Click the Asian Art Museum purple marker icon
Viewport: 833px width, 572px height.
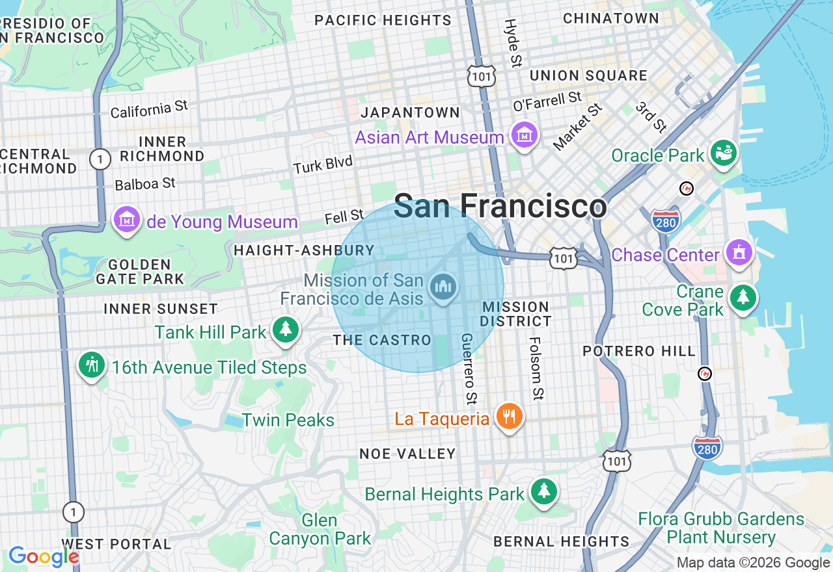click(525, 135)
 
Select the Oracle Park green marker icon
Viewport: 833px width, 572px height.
click(724, 153)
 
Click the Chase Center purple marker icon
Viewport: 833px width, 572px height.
click(739, 252)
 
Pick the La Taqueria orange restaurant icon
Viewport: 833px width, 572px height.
click(509, 416)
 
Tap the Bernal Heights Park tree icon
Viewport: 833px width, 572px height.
click(543, 491)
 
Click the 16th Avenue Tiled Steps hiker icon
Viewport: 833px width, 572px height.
click(92, 365)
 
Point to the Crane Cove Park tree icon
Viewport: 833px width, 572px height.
click(743, 298)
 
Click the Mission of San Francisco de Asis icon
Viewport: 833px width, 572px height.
click(443, 287)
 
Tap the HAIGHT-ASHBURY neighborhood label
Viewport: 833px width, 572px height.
click(304, 250)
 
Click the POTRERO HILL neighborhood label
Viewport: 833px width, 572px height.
click(638, 351)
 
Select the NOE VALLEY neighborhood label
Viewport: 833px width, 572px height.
click(407, 454)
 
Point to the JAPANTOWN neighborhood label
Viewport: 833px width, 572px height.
click(410, 112)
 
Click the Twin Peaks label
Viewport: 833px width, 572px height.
click(288, 420)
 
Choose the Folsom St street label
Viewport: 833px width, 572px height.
click(536, 368)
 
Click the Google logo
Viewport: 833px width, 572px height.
click(43, 556)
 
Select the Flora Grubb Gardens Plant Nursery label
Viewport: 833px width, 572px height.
click(721, 528)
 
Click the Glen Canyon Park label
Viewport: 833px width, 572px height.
click(320, 529)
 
